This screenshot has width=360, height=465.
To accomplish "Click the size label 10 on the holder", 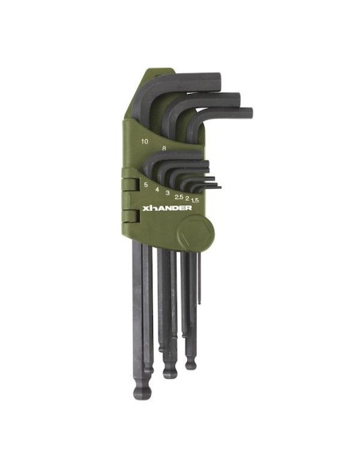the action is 145,142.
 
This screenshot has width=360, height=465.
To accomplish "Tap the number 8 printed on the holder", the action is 164,148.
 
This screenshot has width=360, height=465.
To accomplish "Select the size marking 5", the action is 146,185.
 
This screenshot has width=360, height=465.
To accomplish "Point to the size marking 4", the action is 157,190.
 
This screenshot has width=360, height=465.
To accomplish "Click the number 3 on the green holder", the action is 167,193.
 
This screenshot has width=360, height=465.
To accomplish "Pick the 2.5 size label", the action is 178,197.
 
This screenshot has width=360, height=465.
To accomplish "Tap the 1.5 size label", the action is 195,200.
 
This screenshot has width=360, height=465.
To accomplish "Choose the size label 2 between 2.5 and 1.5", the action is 187,197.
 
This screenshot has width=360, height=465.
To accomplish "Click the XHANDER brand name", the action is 167,208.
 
